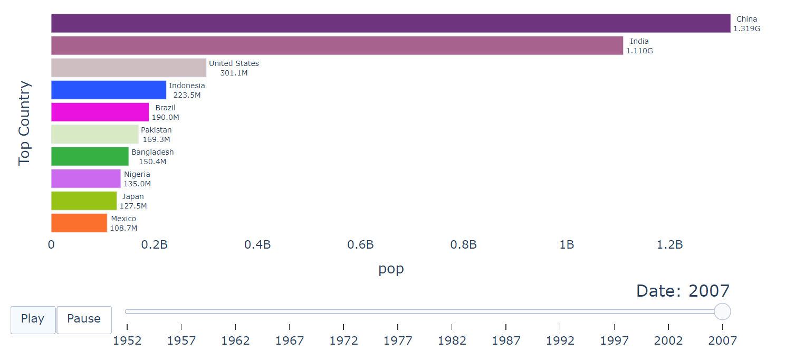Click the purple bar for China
(x=390, y=24)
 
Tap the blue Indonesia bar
(x=109, y=90)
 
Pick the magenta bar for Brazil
(x=100, y=112)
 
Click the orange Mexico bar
(x=79, y=223)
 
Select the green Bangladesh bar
(x=90, y=156)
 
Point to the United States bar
(x=128, y=68)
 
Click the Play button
(x=33, y=319)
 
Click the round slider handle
(x=722, y=311)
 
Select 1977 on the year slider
(x=398, y=341)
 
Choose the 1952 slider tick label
(x=127, y=341)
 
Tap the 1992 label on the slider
(x=560, y=341)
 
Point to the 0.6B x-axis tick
(x=361, y=245)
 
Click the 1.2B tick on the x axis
(x=670, y=245)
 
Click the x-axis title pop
(x=391, y=269)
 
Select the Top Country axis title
(x=25, y=123)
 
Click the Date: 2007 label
(x=683, y=291)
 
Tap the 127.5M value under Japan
(x=132, y=206)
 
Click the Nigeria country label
(x=137, y=174)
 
